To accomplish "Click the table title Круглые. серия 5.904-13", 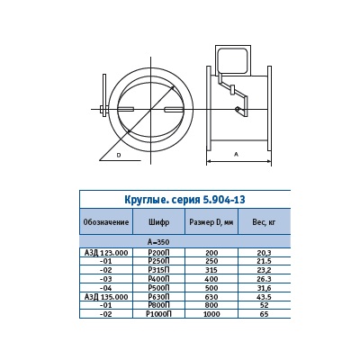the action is coord(184,200).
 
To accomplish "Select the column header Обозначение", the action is coord(106,222).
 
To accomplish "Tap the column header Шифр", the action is coord(158,222).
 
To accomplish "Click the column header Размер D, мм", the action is coord(211,222).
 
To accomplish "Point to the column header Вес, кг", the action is coord(264,222).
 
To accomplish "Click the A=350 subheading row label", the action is coord(158,242).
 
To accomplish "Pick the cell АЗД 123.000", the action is coord(106,253).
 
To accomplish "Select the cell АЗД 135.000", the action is coord(106,297).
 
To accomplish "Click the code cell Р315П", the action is coord(158,270).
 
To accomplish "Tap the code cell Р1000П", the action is coord(158,314).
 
